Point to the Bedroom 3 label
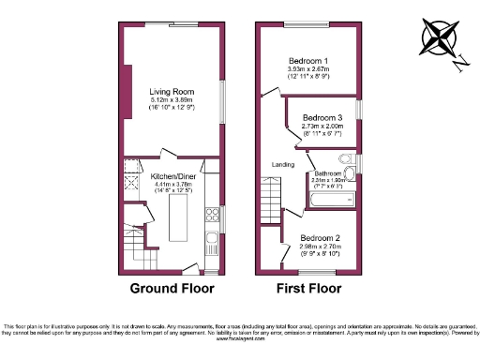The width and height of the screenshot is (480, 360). pos(322,117)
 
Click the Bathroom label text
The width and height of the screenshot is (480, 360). pos(328,173)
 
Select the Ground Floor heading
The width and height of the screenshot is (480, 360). pos(172,288)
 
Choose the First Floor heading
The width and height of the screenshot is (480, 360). pos(308,288)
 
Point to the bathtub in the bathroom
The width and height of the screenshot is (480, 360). pos(331,199)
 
